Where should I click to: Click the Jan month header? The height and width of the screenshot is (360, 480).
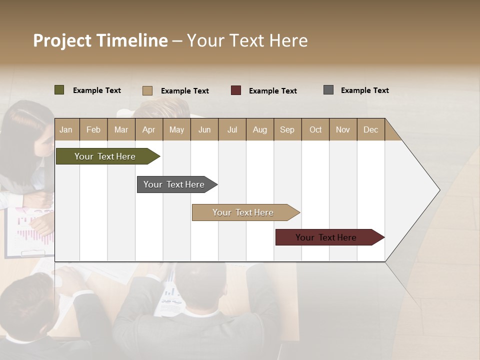66,129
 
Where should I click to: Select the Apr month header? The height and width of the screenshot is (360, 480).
148,129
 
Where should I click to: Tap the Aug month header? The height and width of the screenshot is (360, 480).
259,129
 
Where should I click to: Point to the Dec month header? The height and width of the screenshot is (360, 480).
370,129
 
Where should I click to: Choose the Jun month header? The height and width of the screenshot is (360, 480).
204,129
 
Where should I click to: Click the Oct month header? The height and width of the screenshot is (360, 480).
315,129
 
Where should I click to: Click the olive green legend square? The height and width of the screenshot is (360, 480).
59,90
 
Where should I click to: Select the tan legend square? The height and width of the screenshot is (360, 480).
147,90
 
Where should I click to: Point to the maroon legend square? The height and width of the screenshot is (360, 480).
236,90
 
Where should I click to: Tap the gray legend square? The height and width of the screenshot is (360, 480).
328,90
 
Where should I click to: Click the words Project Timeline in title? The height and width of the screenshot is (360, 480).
100,40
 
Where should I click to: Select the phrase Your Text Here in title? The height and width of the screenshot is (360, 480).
247,40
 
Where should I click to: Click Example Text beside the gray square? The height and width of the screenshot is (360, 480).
364,90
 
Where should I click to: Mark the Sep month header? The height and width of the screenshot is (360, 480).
287,129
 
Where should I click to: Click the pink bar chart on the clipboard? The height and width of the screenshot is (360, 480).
32,230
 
